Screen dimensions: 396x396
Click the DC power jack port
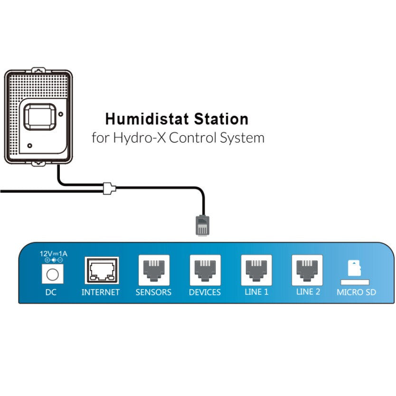51,273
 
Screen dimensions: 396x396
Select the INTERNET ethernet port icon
101,271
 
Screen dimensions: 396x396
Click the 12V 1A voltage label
53,254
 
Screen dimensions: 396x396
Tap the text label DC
51,292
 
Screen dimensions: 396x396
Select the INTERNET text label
101,292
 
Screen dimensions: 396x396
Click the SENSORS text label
153,292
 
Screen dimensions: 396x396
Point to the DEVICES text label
205,292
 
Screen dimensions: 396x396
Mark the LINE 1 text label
256,292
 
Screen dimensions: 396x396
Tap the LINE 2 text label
308,292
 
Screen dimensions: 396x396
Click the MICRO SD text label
356,292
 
